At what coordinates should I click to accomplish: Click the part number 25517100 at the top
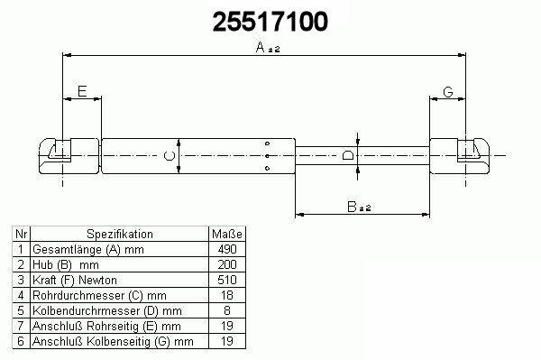point(270,22)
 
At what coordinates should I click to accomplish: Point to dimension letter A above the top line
point(261,47)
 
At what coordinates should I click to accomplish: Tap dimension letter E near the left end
point(82,91)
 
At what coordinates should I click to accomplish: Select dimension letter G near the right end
point(448,92)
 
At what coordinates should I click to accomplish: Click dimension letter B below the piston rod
point(352,207)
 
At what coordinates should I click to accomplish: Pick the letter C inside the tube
point(170,156)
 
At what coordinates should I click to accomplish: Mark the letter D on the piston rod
point(348,155)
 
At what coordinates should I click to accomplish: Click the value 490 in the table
point(227,249)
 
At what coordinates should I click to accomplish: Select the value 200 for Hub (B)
point(227,264)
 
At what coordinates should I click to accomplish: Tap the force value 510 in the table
point(227,280)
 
